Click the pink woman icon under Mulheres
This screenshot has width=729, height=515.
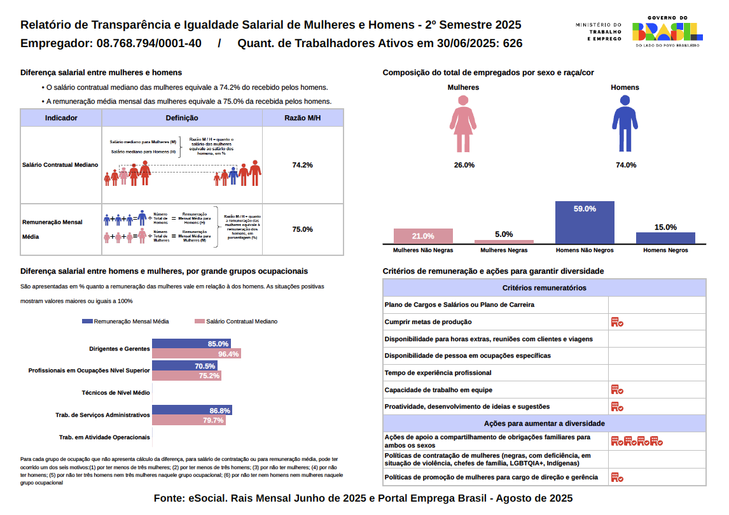coord(463,124)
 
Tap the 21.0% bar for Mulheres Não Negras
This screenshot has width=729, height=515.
coord(423,236)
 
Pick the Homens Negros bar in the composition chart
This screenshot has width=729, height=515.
coord(665,238)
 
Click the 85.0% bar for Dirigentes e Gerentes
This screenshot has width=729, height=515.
coord(187,344)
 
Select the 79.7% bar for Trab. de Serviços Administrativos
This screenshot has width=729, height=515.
coord(188,421)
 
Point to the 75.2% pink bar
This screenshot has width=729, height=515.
coord(186,376)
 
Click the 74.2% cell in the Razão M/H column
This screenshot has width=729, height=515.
coord(302,165)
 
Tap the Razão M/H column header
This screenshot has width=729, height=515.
coord(302,118)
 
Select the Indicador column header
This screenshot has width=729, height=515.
coord(62,118)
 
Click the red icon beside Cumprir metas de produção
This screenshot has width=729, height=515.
coord(616,322)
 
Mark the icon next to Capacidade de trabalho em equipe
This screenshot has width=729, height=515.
coord(616,390)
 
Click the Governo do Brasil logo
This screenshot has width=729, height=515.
coord(667,32)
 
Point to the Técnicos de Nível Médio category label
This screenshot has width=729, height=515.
coord(116,393)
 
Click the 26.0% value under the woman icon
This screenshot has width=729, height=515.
coord(464,166)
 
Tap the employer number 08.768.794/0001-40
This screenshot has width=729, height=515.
coord(149,43)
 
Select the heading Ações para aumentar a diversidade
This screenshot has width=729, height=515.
coord(544,423)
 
